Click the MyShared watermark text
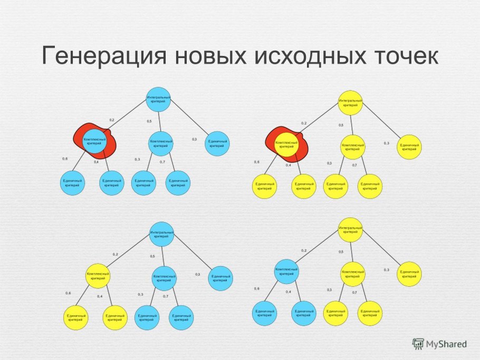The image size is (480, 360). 446,344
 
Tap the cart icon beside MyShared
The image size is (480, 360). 419,344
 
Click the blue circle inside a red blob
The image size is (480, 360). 95,141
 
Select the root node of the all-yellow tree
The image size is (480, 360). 350,102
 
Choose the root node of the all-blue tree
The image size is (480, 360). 159,99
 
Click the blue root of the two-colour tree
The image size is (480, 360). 162,234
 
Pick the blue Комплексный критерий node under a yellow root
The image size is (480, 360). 286,272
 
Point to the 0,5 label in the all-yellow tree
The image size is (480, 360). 341,125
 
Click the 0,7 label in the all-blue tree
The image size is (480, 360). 162,161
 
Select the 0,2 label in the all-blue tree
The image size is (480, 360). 112,120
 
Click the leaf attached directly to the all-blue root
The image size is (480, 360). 217,143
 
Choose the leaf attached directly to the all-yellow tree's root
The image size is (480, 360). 409,146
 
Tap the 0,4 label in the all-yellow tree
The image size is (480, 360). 288,165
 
